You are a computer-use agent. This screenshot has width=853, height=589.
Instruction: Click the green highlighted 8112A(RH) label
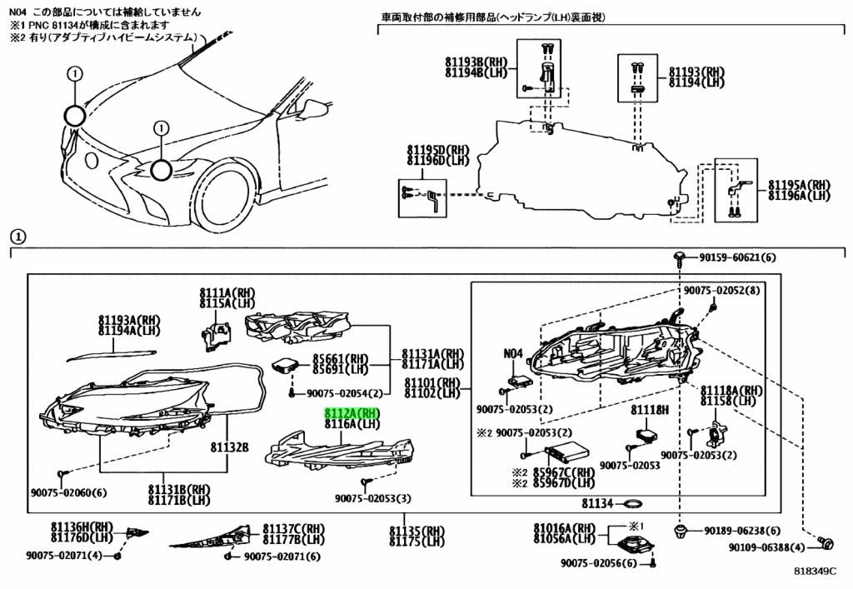[x=352, y=412]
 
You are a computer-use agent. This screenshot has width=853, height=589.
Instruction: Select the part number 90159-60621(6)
[x=738, y=257]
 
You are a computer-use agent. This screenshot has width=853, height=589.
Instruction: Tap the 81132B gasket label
[x=230, y=447]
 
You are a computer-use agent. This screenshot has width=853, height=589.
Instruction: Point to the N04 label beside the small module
[x=513, y=353]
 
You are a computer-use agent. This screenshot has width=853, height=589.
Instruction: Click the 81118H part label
[x=650, y=410]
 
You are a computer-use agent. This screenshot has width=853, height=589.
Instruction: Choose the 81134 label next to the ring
[x=597, y=504]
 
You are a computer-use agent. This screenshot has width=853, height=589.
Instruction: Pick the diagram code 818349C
[x=815, y=571]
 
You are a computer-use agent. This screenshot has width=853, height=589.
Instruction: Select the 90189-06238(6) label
[x=742, y=530]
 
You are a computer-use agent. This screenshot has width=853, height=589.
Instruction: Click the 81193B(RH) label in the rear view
[x=476, y=63]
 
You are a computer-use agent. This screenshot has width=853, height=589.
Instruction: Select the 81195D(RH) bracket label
[x=438, y=150]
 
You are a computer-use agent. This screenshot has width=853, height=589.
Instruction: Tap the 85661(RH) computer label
[x=341, y=359]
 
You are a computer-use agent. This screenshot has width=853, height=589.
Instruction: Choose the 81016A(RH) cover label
[x=564, y=528]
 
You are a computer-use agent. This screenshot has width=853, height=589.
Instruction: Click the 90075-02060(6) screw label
[x=68, y=493]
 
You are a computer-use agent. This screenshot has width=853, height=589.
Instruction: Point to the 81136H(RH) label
[x=82, y=527]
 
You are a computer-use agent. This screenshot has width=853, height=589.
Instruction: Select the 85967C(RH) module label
[x=564, y=472]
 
